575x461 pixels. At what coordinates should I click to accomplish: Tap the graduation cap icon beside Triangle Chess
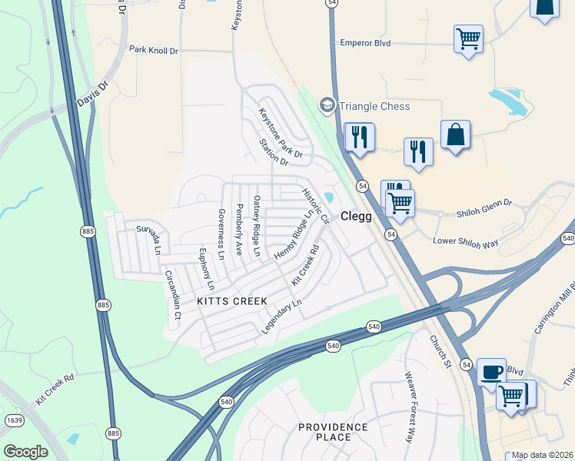[327, 105]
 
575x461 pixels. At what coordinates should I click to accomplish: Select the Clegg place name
[357, 217]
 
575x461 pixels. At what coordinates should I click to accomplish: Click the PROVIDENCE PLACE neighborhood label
[333, 432]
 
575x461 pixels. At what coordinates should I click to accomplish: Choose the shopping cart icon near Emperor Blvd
[468, 38]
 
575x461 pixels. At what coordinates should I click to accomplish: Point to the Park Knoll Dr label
[153, 50]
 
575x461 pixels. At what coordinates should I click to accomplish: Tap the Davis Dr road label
[93, 96]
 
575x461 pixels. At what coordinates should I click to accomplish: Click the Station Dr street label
[273, 152]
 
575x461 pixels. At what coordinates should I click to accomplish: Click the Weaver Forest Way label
[409, 406]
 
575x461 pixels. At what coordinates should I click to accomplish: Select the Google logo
[25, 452]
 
